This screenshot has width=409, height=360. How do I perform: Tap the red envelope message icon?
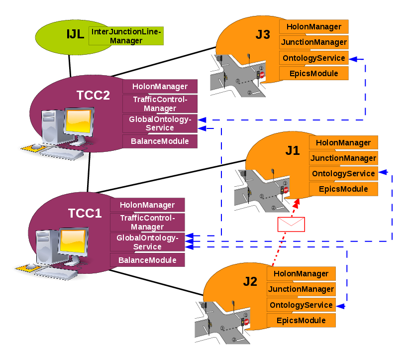click(x=291, y=225)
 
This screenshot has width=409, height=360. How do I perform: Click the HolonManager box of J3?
click(x=313, y=26)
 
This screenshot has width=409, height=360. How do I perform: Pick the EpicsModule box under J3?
click(x=313, y=74)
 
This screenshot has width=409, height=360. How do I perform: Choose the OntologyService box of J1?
click(x=343, y=173)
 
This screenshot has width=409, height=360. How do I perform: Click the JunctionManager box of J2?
click(x=301, y=289)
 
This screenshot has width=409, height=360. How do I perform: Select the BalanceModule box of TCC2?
click(x=160, y=141)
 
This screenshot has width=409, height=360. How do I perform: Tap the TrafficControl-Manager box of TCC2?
click(x=160, y=104)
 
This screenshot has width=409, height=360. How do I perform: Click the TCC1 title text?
click(x=85, y=214)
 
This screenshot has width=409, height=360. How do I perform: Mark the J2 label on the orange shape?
click(x=250, y=282)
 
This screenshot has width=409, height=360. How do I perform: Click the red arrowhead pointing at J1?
click(x=298, y=202)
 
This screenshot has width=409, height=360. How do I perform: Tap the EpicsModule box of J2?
click(x=301, y=320)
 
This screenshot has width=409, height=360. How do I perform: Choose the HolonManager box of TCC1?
click(x=147, y=205)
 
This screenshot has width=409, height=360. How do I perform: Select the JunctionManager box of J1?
click(x=343, y=158)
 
